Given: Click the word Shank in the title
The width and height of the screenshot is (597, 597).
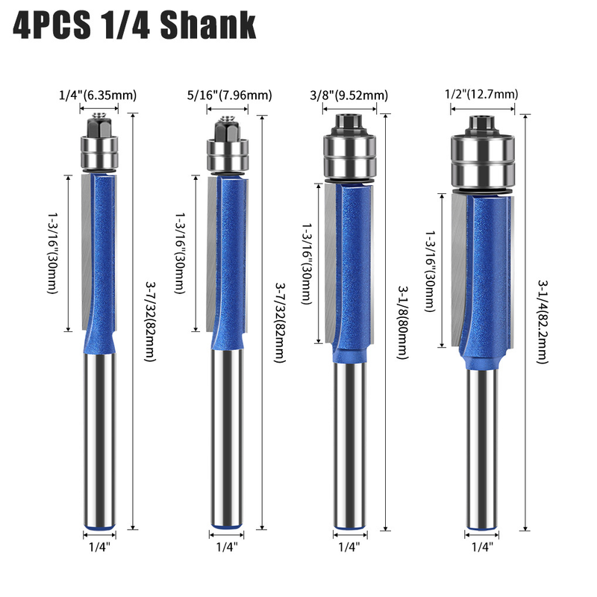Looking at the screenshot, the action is [208, 25].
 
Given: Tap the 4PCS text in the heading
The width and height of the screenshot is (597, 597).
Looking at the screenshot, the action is [52, 25].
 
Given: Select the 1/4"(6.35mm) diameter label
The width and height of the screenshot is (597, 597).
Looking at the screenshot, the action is [98, 95].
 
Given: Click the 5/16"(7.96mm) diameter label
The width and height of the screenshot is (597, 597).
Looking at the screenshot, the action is [229, 95].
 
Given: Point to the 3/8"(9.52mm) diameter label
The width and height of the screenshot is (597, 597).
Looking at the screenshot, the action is [348, 95].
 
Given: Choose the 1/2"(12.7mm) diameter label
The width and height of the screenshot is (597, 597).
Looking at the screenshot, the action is [481, 94].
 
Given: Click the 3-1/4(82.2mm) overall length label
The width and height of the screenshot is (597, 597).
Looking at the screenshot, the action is [543, 322].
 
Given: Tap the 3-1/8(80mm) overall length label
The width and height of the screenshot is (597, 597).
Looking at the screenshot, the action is [403, 322].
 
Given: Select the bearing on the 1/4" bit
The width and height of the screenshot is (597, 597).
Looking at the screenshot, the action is [99, 152].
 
